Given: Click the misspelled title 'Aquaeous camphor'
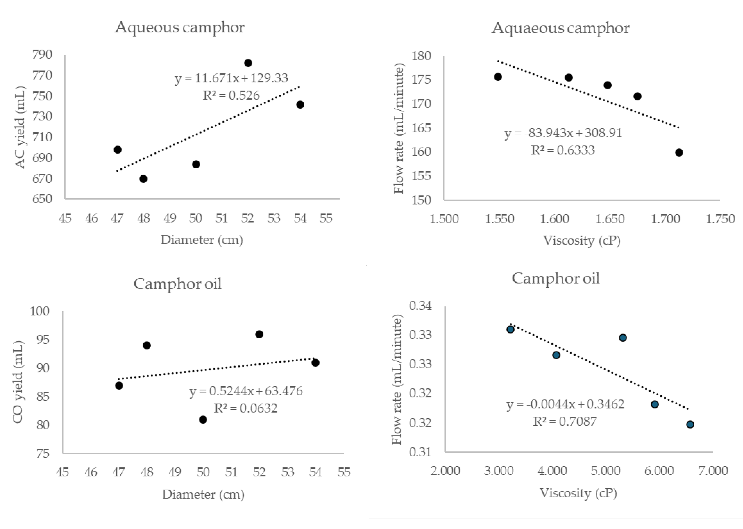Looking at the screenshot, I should click(x=560, y=28).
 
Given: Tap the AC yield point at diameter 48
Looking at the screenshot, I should click(x=143, y=179).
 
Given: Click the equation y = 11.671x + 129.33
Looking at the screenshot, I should click(x=231, y=78).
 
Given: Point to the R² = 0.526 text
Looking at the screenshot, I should click(x=231, y=95).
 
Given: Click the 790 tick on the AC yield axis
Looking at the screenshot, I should click(x=42, y=54).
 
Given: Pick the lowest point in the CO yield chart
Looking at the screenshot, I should click(x=203, y=419).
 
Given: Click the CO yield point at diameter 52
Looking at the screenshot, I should click(x=259, y=334).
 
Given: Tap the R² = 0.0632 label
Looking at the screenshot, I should click(x=246, y=408).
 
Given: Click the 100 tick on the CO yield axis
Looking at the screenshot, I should click(x=40, y=311).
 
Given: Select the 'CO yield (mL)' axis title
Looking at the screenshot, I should click(x=18, y=382).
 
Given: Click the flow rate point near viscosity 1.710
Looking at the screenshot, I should click(x=679, y=152).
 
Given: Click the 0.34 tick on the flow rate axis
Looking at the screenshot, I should click(x=420, y=306).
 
